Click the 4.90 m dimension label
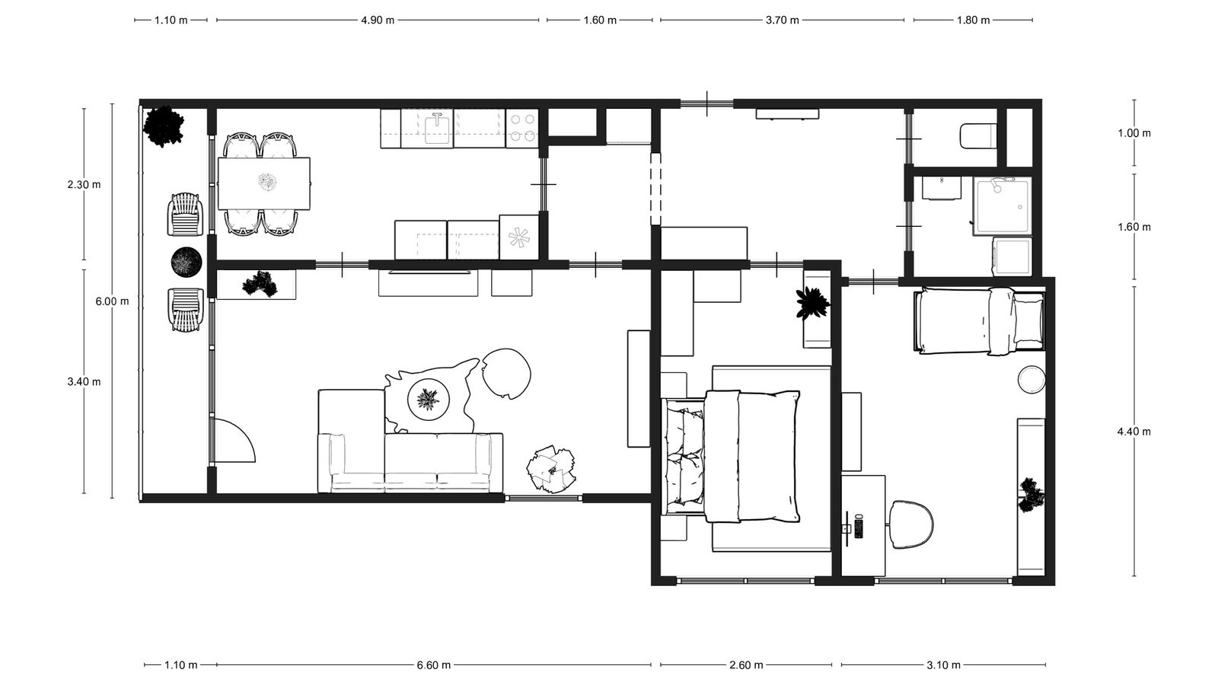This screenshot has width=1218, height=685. click(378, 21)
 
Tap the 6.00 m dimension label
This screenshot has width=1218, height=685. click(113, 301)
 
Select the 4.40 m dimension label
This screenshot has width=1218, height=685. click(1134, 432)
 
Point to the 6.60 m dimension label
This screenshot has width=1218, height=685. click(433, 665)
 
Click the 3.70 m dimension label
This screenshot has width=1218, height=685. click(783, 21)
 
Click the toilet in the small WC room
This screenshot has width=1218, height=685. click(978, 136)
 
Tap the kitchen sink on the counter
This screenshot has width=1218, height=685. click(438, 129)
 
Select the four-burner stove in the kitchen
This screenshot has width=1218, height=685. click(522, 129)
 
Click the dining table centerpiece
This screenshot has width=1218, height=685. click(267, 182)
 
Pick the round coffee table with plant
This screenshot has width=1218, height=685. click(429, 400)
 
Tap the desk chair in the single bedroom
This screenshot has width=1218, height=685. click(911, 524)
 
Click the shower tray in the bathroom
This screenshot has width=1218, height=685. click(1003, 206)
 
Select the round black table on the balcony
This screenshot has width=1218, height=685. click(187, 262)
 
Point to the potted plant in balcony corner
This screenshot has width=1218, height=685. click(163, 126)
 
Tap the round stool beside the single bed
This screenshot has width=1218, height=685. click(1031, 379)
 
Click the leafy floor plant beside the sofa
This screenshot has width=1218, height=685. click(551, 469)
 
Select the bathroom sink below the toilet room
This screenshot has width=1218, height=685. click(941, 188)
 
